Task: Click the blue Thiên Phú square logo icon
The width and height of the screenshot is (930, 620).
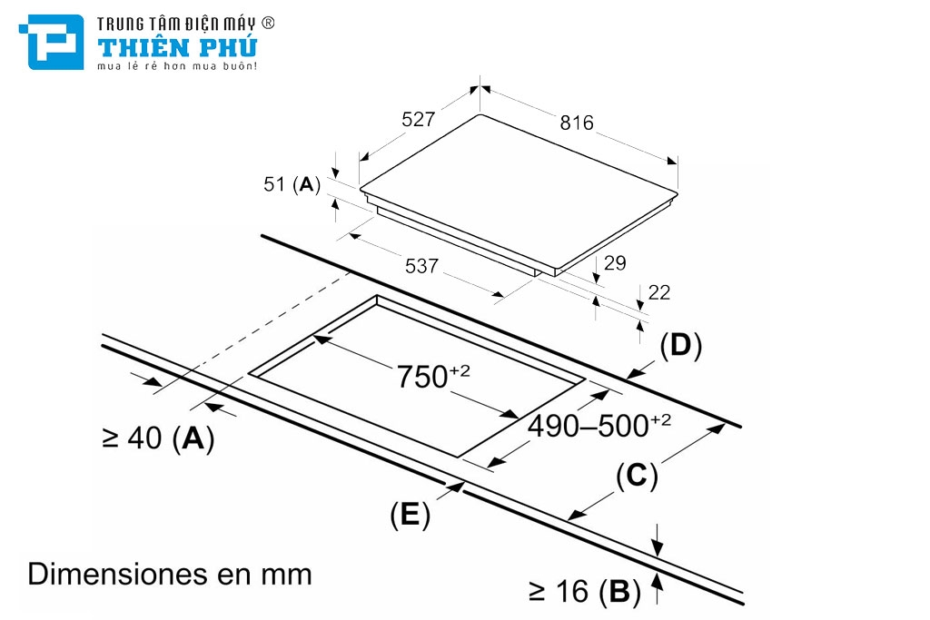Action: [52, 42]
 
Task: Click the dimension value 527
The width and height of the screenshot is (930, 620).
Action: [418, 119]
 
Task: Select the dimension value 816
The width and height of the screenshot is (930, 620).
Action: [577, 123]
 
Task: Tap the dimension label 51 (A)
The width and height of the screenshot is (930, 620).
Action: [292, 184]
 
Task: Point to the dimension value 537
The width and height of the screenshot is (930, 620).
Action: [421, 266]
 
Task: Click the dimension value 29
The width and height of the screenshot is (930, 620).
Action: [615, 262]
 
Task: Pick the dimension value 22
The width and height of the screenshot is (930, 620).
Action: [659, 292]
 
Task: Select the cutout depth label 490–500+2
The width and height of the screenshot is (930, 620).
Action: [599, 426]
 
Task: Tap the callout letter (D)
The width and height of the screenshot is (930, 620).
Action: [681, 346]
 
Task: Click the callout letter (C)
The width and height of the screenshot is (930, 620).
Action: [637, 476]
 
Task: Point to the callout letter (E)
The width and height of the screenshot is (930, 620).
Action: [410, 514]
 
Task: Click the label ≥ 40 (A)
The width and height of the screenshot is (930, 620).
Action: [158, 438]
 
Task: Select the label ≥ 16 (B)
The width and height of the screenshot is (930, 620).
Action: [585, 592]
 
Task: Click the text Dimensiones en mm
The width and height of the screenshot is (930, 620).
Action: [170, 574]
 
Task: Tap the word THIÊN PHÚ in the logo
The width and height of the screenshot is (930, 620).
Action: [177, 47]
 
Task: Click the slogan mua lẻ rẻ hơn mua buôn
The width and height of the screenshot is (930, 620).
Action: [177, 66]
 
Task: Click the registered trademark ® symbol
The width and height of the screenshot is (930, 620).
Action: [268, 23]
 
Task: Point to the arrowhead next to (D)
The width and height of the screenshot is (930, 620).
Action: [634, 373]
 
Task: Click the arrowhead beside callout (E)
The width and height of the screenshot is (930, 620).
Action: [458, 487]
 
